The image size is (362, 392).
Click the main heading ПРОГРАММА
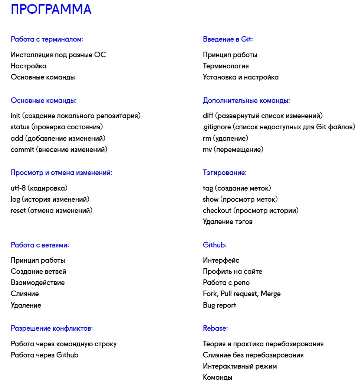click(51, 9)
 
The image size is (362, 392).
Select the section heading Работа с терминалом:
click(47, 39)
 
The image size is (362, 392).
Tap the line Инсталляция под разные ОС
click(58, 55)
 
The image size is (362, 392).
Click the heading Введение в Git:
click(228, 39)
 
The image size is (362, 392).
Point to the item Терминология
click(226, 66)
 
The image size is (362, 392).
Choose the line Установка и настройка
click(240, 77)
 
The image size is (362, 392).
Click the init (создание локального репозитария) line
click(76, 116)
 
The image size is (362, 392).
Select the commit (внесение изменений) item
click(59, 150)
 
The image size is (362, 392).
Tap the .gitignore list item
click(279, 127)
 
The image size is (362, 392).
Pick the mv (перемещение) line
click(233, 150)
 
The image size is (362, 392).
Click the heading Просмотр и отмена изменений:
click(61, 173)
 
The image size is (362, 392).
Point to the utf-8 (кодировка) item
click(39, 188)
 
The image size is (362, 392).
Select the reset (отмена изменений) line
click(52, 211)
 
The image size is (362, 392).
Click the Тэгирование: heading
click(224, 173)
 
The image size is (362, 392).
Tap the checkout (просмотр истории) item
click(250, 211)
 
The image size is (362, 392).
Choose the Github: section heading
click(214, 245)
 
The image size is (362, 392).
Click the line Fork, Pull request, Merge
click(241, 294)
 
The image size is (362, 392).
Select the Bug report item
click(219, 305)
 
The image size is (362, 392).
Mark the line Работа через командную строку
click(63, 344)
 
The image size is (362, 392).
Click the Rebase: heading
click(215, 328)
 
